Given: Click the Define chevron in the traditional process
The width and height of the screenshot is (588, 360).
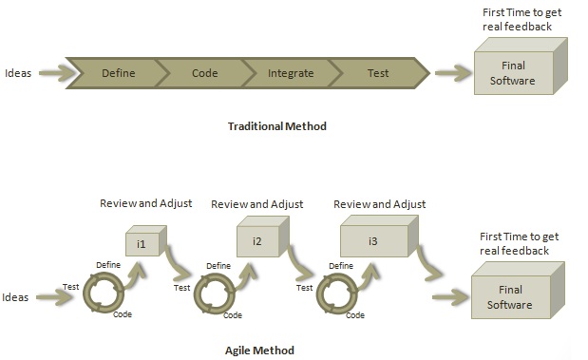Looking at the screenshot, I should pos(118,72).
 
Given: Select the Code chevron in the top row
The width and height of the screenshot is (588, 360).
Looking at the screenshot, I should pos(204,72).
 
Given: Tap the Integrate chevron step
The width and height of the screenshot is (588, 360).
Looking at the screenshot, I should pos(290,72).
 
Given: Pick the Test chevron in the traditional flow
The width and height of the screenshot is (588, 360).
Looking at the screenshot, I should pos(377,72).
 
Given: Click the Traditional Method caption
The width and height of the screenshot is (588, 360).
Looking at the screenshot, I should pos(277,125).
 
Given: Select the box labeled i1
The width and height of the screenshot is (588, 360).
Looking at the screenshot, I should pos(143,243).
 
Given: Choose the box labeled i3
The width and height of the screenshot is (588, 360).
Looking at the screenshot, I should pos(372,241).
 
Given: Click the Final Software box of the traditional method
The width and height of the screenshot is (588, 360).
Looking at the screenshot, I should pos(519,72).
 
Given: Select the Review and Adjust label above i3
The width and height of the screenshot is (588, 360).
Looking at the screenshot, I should pos(379,203).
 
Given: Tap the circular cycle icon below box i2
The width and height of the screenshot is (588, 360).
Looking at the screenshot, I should pos(214,293).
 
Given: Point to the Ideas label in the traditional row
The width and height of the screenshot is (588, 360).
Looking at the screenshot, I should pos(20,72).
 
